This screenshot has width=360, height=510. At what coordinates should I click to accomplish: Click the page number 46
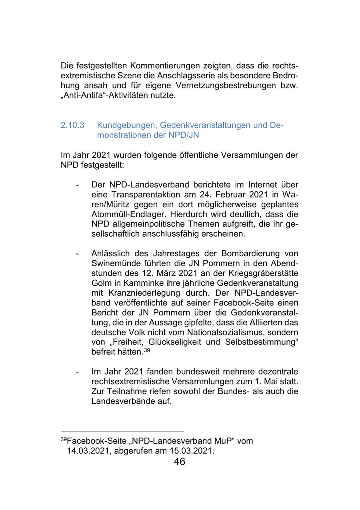[180, 462]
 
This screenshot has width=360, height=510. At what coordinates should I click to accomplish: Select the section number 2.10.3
[72, 125]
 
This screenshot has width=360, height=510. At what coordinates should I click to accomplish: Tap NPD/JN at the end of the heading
[185, 135]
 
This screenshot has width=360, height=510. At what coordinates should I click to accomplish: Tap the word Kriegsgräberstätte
[264, 273]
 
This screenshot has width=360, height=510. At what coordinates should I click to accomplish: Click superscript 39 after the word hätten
[147, 350]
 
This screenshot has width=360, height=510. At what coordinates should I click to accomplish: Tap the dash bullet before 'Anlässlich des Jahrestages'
[77, 254]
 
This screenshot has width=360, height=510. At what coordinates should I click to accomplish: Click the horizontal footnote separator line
[122, 431]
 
